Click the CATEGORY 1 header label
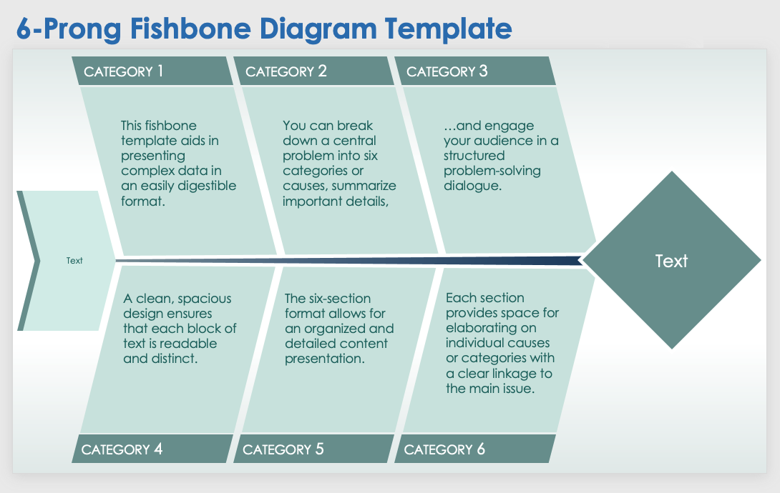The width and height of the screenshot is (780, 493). [123, 71]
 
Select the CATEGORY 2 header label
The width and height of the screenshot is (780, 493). [286, 71]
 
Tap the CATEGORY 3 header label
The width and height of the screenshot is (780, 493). [447, 71]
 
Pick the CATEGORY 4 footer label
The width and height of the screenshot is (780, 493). [122, 449]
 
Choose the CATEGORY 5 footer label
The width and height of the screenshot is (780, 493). [283, 449]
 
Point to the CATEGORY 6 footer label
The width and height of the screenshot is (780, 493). [444, 449]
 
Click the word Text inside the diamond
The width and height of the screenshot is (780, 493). [671, 261]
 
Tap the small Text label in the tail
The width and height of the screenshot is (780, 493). [74, 261]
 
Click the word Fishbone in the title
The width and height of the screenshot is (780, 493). [190, 29]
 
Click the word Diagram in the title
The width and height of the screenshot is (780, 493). [318, 29]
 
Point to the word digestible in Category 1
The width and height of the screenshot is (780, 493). [208, 186]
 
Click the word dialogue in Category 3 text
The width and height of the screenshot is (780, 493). [472, 186]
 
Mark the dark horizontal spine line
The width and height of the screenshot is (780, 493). [348, 260]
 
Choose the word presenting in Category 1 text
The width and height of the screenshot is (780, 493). [152, 156]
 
